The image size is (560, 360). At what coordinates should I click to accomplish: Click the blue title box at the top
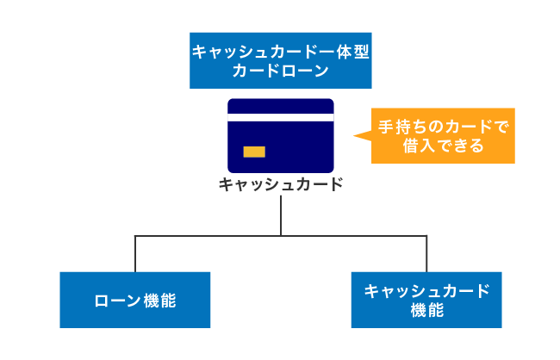pyautogui.click(x=280, y=61)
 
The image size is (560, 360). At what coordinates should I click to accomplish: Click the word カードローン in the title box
pyautogui.click(x=280, y=72)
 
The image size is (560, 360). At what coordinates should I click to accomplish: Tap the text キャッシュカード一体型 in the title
pyautogui.click(x=280, y=52)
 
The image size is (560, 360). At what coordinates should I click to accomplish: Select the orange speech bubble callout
pyautogui.click(x=442, y=136)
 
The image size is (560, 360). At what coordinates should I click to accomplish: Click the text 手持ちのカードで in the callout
pyautogui.click(x=444, y=127)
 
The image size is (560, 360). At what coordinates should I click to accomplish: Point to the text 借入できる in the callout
pyautogui.click(x=444, y=146)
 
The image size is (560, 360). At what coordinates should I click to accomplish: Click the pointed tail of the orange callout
pyautogui.click(x=360, y=135)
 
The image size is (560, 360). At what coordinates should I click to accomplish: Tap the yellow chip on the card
pyautogui.click(x=254, y=152)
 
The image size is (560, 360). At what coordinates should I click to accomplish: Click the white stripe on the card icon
pyautogui.click(x=280, y=117)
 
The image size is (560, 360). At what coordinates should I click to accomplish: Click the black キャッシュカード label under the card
pyautogui.click(x=281, y=184)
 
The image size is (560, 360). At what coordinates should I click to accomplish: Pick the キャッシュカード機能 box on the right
pyautogui.click(x=426, y=300)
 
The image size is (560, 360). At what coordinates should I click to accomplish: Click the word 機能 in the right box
pyautogui.click(x=426, y=310)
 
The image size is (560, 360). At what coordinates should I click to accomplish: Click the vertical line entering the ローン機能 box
pyautogui.click(x=135, y=254)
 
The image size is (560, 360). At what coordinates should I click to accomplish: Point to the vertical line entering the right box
pyautogui.click(x=426, y=254)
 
